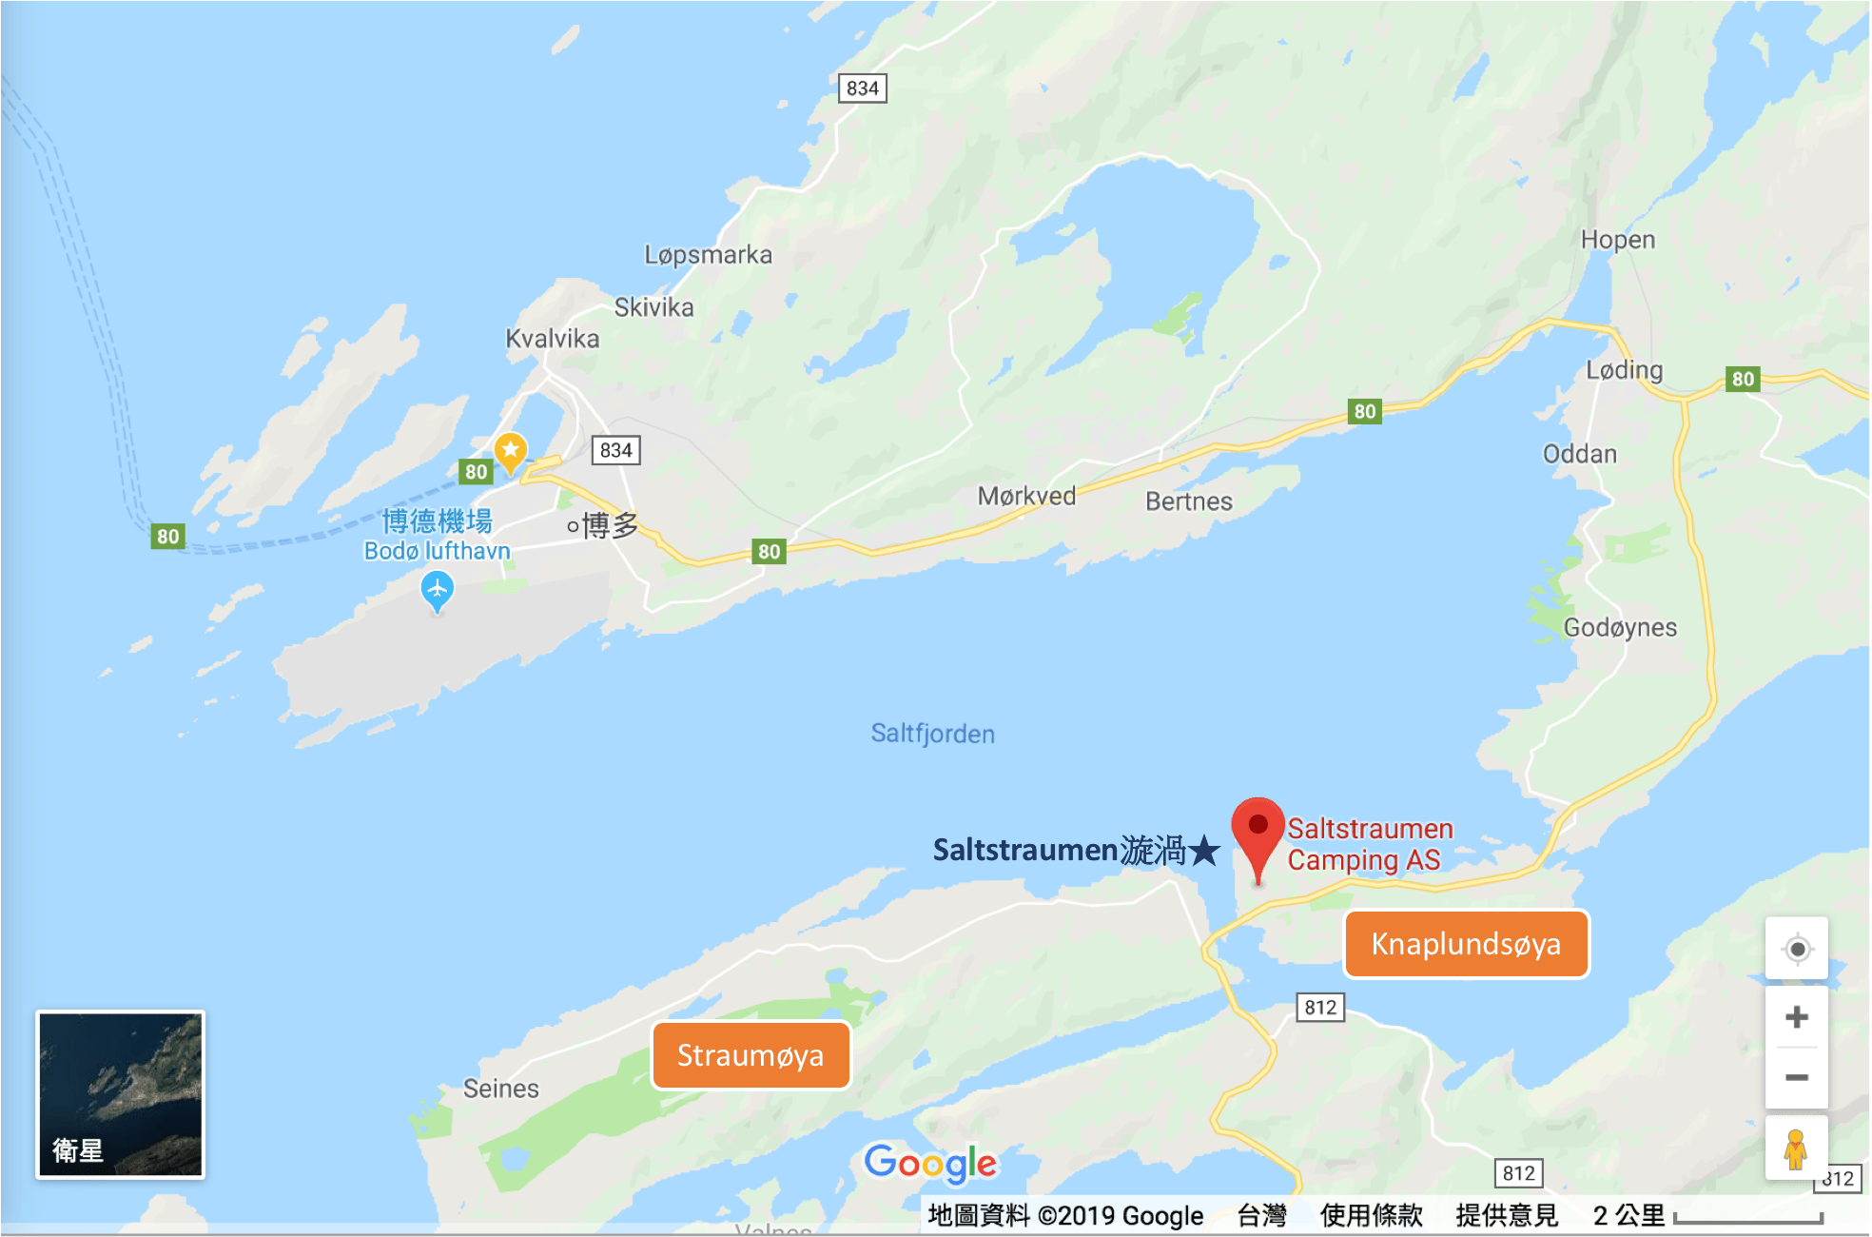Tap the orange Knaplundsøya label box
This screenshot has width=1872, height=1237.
(1466, 944)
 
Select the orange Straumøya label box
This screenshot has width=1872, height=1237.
(751, 1055)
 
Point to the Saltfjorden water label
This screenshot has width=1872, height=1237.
(932, 734)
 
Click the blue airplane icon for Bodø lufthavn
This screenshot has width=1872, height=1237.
(437, 590)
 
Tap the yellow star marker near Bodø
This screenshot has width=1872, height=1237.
(511, 449)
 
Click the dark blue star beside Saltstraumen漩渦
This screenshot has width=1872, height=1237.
(1204, 850)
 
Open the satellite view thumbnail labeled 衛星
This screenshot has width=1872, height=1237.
(120, 1094)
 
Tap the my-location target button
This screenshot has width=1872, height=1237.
(1797, 949)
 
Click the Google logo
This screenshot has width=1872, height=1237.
(930, 1163)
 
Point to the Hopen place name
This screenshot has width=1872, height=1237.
(1618, 240)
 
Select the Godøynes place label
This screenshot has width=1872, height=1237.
(1620, 628)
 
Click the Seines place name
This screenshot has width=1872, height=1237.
(501, 1089)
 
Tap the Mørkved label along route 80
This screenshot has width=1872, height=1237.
(1026, 496)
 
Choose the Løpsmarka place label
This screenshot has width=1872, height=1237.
(708, 255)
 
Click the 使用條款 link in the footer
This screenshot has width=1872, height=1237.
(1371, 1215)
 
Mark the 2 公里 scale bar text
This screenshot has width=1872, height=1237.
(1628, 1215)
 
